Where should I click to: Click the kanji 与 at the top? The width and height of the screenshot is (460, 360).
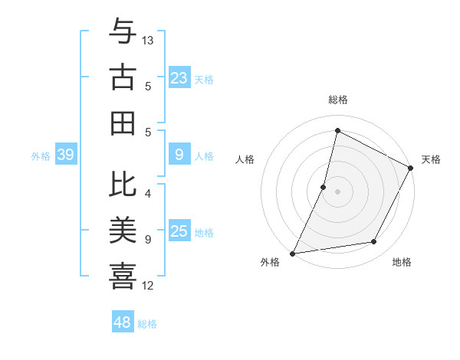click(x=123, y=31)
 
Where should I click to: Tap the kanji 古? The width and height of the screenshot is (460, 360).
click(x=123, y=77)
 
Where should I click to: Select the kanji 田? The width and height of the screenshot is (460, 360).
click(x=123, y=123)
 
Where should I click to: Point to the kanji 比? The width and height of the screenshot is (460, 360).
click(x=123, y=184)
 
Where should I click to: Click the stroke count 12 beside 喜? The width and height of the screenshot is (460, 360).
click(x=148, y=286)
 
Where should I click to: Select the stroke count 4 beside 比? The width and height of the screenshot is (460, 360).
click(x=148, y=194)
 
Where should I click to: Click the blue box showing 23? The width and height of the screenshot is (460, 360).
click(x=179, y=78)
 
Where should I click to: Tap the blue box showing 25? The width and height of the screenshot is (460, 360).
click(x=179, y=231)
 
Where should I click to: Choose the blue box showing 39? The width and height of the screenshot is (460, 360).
click(x=65, y=155)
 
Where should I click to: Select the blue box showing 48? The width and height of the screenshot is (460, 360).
click(x=123, y=322)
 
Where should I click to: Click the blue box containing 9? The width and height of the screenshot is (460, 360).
click(x=179, y=155)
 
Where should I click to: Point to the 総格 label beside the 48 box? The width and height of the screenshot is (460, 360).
click(x=147, y=324)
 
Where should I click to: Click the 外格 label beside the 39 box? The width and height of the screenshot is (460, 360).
click(x=41, y=156)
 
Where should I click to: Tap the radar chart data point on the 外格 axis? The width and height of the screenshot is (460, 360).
click(x=292, y=254)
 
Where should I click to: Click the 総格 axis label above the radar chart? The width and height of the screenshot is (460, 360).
click(x=338, y=100)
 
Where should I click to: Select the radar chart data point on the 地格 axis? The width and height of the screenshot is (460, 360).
click(x=374, y=242)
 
